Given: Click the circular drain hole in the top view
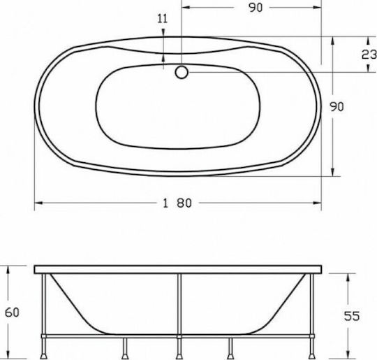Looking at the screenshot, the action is (x=182, y=72).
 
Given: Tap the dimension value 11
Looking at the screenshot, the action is (x=162, y=19).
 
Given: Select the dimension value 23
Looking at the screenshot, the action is (x=369, y=55).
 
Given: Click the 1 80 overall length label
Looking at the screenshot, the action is (x=177, y=203).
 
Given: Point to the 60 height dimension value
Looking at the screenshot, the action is (x=12, y=312).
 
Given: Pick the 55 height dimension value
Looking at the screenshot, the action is (x=352, y=316).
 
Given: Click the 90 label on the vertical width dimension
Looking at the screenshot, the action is (x=337, y=107).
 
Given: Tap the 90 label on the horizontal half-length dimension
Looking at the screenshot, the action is (x=256, y=8).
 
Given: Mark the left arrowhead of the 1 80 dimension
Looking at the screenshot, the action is (x=38, y=203).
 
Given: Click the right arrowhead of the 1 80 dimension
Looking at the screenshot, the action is (x=317, y=203).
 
